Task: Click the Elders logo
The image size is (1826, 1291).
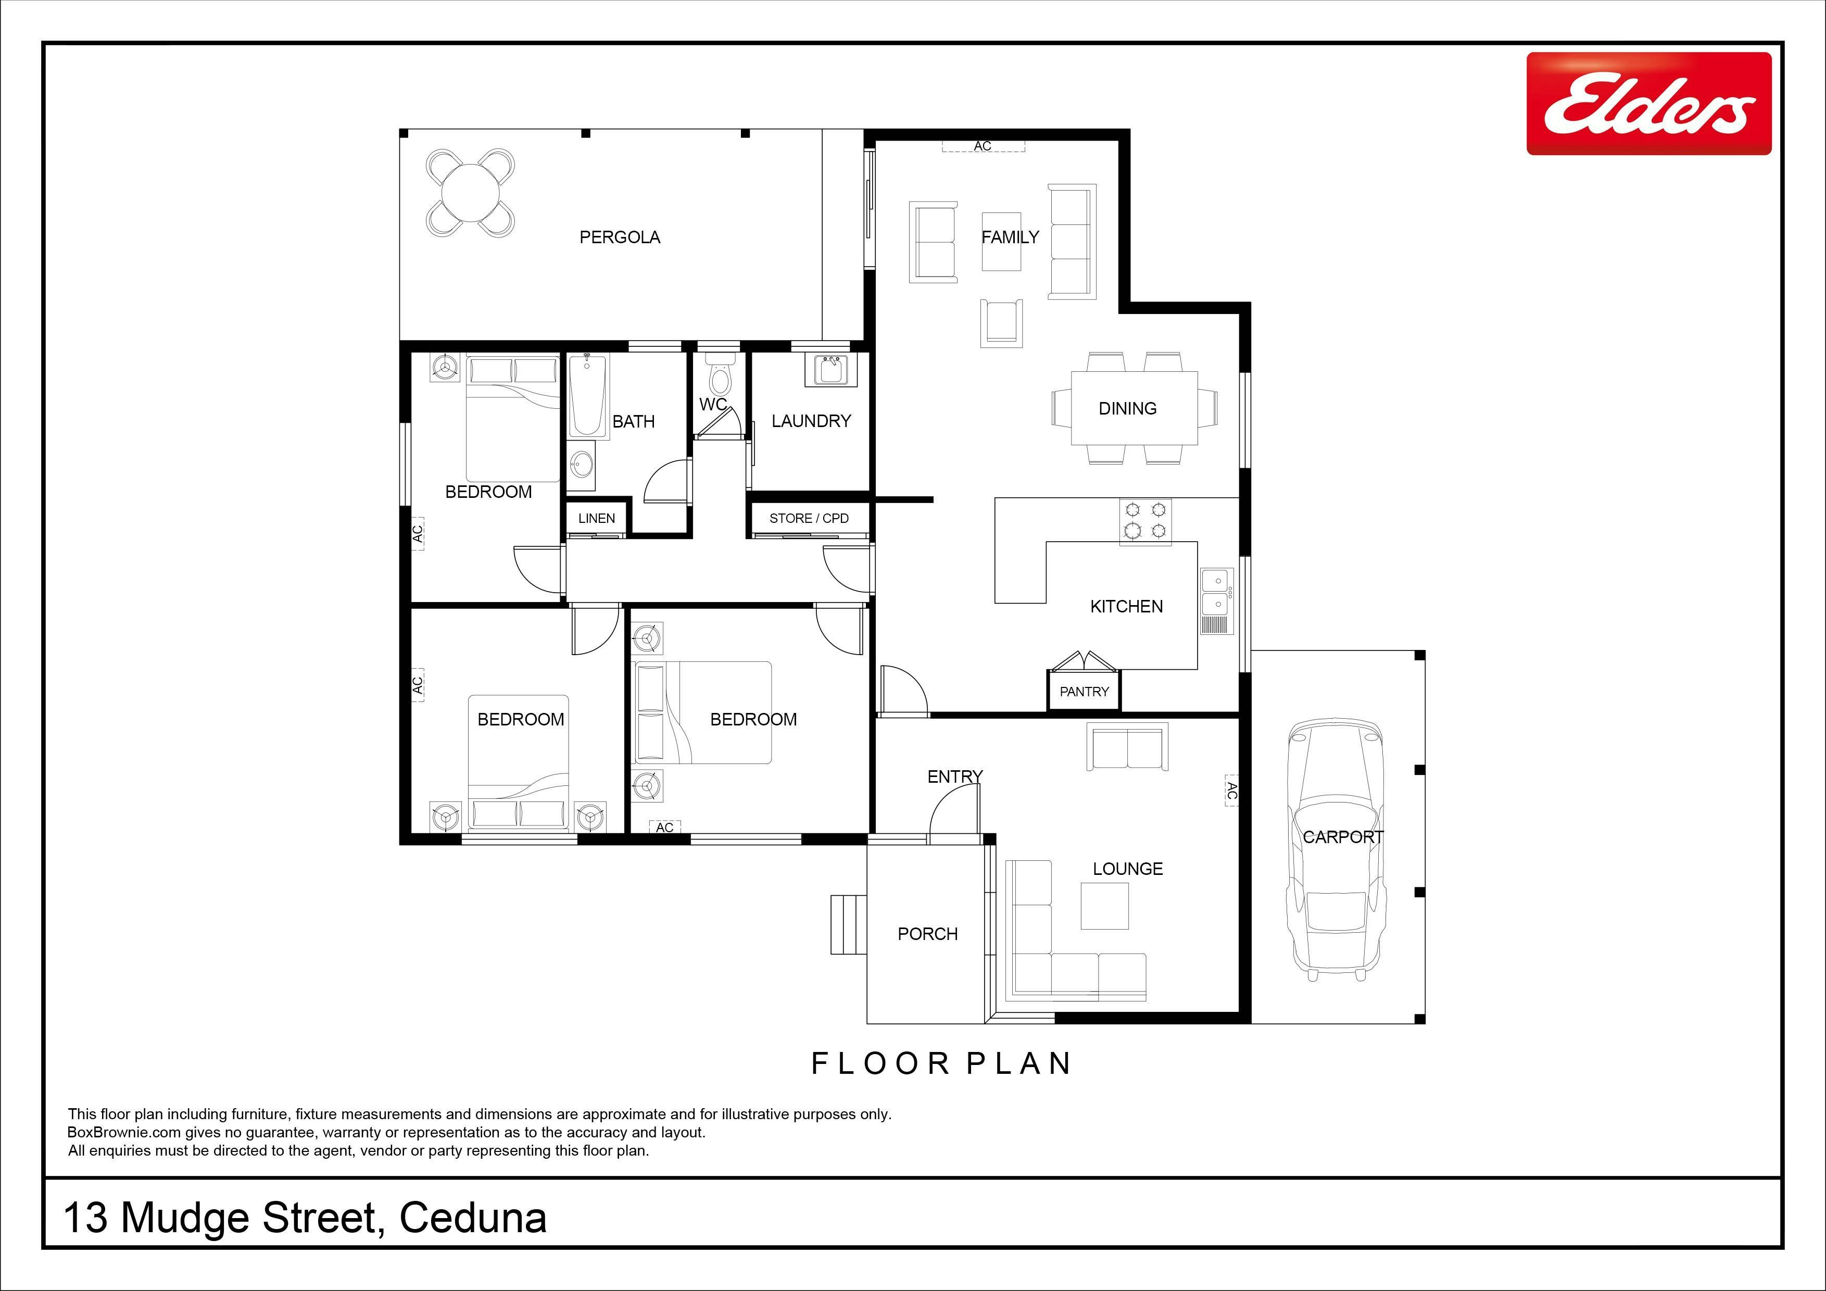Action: (1648, 104)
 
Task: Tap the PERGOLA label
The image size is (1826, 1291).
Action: (620, 237)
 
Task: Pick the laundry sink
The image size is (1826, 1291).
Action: (831, 370)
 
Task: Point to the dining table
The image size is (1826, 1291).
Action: (1135, 408)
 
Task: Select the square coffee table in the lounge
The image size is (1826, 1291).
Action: (1105, 907)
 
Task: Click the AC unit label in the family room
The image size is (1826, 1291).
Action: (983, 146)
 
